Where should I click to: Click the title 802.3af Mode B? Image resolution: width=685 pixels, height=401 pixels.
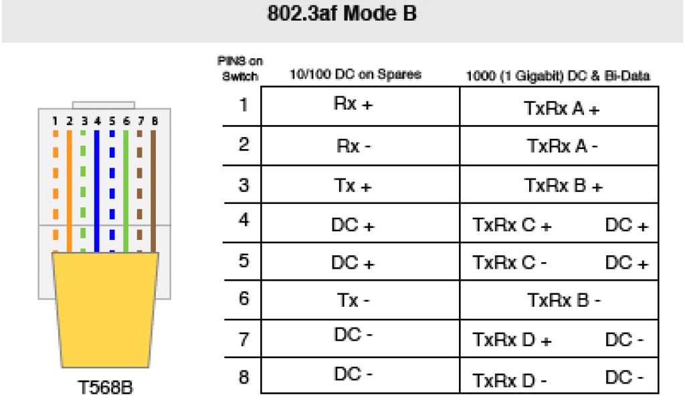click(342, 14)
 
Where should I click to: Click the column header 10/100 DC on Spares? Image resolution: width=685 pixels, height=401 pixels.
click(355, 75)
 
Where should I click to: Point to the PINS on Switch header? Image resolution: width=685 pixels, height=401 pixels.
click(239, 69)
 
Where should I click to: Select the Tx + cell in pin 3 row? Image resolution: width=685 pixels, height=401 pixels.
click(354, 185)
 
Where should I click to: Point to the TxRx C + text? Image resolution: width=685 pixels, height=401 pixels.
click(512, 226)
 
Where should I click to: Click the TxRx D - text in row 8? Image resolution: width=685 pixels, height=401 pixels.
click(510, 381)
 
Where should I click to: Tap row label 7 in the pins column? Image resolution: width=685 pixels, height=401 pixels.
click(243, 339)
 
